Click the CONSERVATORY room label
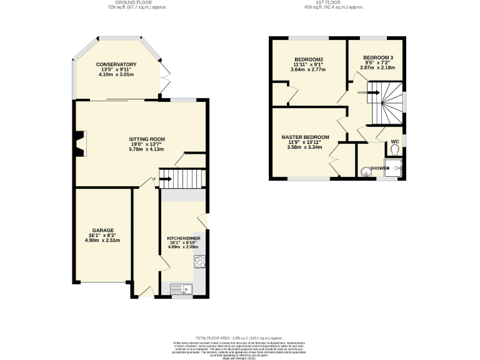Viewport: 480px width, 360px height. click(x=116, y=64)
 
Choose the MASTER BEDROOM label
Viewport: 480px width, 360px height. click(x=304, y=137)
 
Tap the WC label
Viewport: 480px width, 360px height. click(x=394, y=142)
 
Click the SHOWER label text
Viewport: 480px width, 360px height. click(x=380, y=168)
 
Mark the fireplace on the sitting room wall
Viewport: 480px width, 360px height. click(x=78, y=143)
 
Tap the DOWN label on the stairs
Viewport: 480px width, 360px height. click(x=362, y=92)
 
